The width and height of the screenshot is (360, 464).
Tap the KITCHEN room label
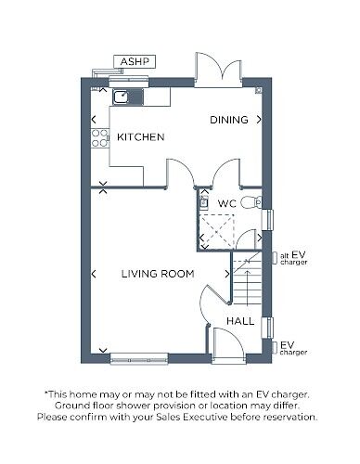[140, 137]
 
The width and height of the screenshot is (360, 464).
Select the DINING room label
[228, 120]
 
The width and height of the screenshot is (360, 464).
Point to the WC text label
[226, 203]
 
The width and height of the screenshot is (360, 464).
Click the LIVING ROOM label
[158, 274]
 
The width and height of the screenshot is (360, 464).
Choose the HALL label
[240, 320]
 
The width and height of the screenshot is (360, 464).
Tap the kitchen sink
[122, 95]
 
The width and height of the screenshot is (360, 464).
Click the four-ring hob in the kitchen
[96, 139]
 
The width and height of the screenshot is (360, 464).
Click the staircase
[248, 284]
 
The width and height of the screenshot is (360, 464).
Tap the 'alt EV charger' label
[293, 257]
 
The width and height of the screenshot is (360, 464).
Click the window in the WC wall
[269, 218]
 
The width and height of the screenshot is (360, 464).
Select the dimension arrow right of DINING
[259, 120]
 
